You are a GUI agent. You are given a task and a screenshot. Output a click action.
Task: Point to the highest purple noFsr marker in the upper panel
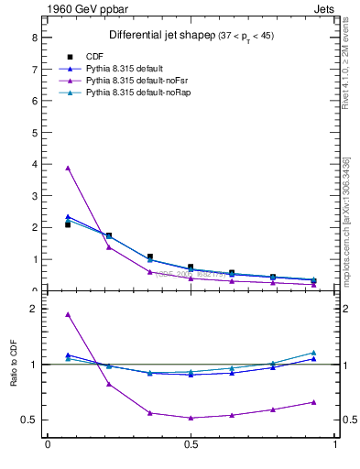click(68, 168)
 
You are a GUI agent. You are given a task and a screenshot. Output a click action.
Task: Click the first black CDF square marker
click(68, 224)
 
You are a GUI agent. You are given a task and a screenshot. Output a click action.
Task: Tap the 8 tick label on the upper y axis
click(34, 38)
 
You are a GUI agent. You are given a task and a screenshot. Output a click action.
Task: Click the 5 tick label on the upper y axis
click(34, 133)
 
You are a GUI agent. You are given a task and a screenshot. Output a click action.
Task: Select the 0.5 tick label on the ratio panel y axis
click(30, 420)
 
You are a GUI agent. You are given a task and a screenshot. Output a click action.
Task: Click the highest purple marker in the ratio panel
click(68, 314)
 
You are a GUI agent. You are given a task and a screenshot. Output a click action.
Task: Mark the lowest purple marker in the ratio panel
click(191, 418)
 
